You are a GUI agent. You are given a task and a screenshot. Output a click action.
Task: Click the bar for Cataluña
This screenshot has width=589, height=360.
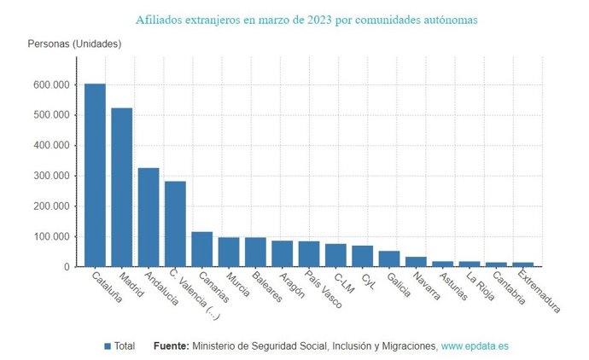click(x=95, y=175)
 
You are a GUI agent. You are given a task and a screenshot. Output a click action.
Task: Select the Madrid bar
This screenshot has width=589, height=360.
click(x=121, y=187)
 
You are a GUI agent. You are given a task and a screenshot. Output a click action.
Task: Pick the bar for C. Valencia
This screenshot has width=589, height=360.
click(x=175, y=224)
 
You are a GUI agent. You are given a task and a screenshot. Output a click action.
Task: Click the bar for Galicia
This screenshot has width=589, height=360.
click(x=389, y=258)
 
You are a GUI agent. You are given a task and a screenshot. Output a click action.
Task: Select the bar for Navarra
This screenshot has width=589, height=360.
click(x=416, y=262)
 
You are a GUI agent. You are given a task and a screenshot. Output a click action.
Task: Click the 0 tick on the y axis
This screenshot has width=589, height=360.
click(x=66, y=267)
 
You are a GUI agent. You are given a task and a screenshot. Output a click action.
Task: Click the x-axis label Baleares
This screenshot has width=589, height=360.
click(x=264, y=287)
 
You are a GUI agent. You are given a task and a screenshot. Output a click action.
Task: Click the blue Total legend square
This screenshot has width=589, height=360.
click(x=108, y=346)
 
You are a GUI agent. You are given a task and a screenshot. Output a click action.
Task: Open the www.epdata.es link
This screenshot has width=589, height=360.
click(x=475, y=346)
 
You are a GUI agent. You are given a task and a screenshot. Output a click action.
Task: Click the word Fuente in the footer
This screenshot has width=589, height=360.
click(x=171, y=346)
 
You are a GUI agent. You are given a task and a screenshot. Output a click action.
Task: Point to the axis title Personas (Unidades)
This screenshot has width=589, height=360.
click(x=74, y=44)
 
